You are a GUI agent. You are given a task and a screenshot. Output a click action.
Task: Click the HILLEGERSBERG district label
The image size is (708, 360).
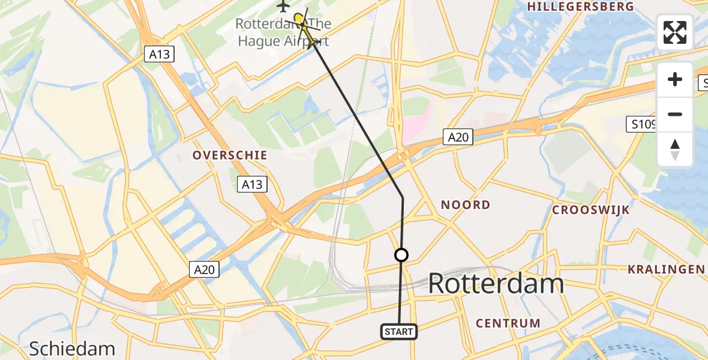580,7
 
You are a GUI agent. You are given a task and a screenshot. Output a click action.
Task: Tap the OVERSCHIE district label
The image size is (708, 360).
230,155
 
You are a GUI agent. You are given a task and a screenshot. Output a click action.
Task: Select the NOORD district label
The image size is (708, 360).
466,205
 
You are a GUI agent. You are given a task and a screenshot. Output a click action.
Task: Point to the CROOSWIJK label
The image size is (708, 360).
591,210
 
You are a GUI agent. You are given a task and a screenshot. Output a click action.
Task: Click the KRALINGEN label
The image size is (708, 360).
666,269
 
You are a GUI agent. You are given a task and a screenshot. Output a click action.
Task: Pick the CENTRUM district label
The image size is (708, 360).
508,323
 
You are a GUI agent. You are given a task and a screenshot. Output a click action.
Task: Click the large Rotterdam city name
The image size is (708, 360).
496,284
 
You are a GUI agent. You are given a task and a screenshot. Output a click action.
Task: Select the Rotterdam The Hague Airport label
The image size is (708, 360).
283,32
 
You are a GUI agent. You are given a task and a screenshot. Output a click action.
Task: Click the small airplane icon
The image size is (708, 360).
283,6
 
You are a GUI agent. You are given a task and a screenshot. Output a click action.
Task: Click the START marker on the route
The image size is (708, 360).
398,331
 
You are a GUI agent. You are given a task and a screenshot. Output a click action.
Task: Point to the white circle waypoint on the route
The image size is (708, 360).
401,255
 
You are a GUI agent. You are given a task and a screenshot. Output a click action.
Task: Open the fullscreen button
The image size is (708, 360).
675,32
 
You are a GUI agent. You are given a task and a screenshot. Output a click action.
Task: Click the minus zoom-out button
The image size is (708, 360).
675,114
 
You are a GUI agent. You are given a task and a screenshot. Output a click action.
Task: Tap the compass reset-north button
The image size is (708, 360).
675,149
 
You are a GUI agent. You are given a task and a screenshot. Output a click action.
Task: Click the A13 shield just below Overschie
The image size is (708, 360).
252,184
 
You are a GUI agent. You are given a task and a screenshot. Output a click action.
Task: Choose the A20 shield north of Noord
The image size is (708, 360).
458,137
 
